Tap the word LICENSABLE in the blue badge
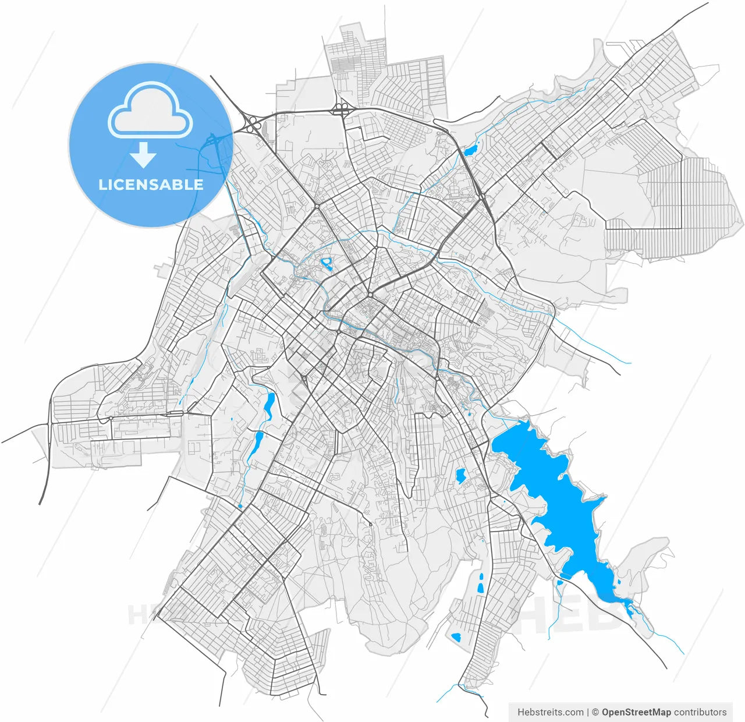tap(151, 185)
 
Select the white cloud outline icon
tap(150, 110)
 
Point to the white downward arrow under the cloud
tap(143, 155)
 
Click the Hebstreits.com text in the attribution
tap(550, 712)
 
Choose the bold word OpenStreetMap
tap(636, 712)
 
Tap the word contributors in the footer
tap(700, 712)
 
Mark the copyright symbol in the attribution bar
tap(595, 712)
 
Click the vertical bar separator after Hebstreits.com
tap(588, 712)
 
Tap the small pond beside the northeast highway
tap(470, 150)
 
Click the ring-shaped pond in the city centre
tap(327, 264)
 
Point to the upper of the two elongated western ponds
tap(269, 405)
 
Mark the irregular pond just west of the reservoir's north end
tap(460, 476)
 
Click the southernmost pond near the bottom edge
tap(456, 636)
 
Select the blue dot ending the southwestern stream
tap(240, 507)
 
